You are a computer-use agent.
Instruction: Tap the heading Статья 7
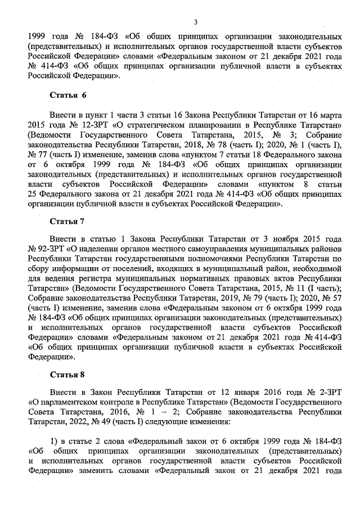point(67,221)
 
